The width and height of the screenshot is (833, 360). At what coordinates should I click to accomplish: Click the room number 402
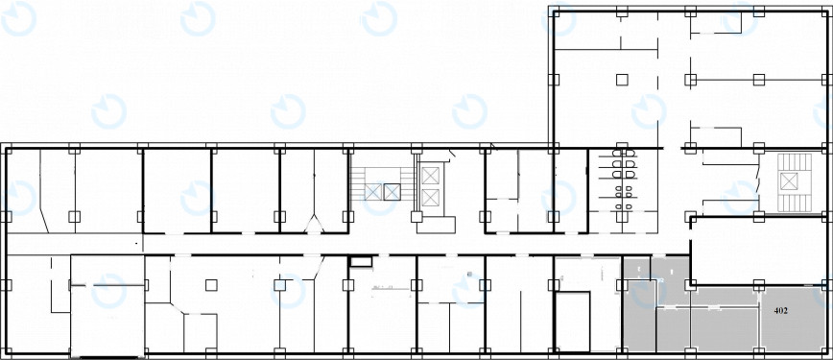click(x=781, y=310)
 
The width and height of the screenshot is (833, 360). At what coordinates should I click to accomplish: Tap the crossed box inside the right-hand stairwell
click(x=789, y=180)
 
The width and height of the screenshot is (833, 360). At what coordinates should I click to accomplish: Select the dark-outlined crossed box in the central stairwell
click(x=392, y=191)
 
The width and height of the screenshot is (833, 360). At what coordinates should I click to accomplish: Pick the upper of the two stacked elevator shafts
click(x=430, y=175)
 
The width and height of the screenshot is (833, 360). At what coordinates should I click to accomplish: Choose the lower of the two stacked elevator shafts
click(x=430, y=198)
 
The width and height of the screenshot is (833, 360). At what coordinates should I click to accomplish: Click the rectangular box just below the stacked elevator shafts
click(x=436, y=225)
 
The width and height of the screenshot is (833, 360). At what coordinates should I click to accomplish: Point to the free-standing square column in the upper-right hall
click(x=622, y=80)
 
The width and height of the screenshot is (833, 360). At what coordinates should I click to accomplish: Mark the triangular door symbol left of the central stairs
click(x=314, y=224)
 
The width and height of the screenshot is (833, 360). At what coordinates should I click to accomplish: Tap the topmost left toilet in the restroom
click(x=618, y=154)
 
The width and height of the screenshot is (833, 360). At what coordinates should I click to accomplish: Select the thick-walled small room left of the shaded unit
click(x=573, y=322)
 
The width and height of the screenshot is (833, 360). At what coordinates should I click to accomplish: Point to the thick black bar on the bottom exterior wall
click(x=108, y=357)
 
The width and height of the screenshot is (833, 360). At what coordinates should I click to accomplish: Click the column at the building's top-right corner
click(x=827, y=12)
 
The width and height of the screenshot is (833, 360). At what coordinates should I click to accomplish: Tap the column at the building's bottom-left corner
click(x=6, y=353)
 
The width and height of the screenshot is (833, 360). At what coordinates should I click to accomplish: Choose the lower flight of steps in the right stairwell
click(x=795, y=200)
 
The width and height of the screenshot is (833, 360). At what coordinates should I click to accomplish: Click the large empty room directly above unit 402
click(x=761, y=251)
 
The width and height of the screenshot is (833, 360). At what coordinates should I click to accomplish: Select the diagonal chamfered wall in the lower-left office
click(x=177, y=309)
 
